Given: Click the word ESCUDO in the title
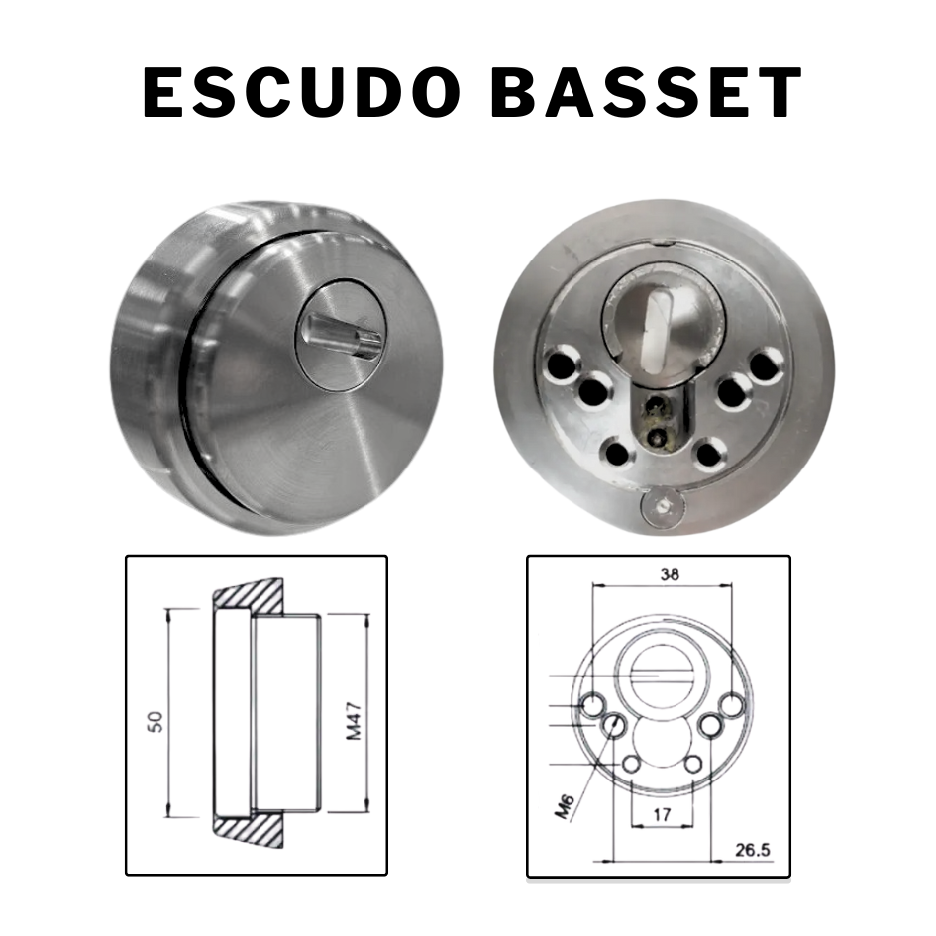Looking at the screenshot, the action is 301,92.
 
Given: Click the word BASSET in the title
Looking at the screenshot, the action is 647,92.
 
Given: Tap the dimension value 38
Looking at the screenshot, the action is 670,574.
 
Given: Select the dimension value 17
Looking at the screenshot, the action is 662,813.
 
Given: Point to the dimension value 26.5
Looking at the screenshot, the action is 752,849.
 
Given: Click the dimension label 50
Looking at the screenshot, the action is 156,722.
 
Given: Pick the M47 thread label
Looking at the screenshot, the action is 354,721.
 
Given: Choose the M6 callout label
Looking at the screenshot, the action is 565,806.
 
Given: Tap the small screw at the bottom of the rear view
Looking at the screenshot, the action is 664,508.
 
